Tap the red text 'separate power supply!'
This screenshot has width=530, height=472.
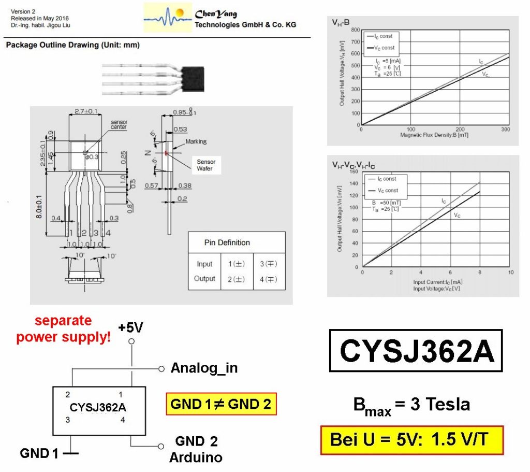pyautogui.click(x=63, y=329)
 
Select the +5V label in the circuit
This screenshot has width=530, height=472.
pyautogui.click(x=130, y=328)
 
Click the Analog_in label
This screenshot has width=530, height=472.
pyautogui.click(x=204, y=368)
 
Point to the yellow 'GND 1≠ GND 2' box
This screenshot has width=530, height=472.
pyautogui.click(x=221, y=404)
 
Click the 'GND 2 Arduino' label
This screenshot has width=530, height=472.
pyautogui.click(x=196, y=449)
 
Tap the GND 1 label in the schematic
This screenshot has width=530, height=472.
pyautogui.click(x=39, y=454)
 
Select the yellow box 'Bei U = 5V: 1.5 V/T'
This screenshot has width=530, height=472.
pyautogui.click(x=411, y=440)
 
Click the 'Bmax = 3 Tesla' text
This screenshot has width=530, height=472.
pyautogui.click(x=411, y=405)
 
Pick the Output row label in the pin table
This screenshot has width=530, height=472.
pyautogui.click(x=204, y=279)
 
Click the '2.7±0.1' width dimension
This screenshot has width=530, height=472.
pyautogui.click(x=85, y=111)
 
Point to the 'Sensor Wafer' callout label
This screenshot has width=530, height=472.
pyautogui.click(x=205, y=165)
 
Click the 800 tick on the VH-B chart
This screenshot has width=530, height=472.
pyautogui.click(x=355, y=30)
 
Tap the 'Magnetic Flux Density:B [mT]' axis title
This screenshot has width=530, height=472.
pyautogui.click(x=434, y=135)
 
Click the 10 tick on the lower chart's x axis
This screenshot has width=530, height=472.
pyautogui.click(x=510, y=272)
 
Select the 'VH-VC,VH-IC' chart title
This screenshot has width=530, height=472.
pyautogui.click(x=354, y=166)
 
